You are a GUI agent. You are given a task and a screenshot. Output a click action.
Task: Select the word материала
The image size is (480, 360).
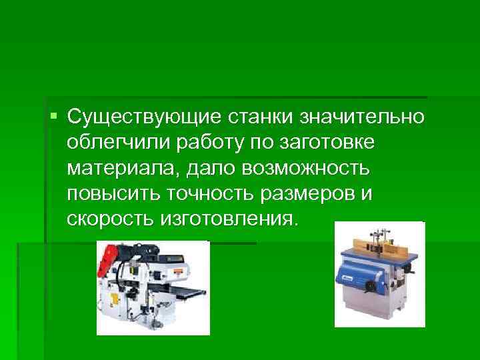click(x=113, y=169)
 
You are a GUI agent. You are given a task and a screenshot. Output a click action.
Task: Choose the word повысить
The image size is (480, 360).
click(x=108, y=194)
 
